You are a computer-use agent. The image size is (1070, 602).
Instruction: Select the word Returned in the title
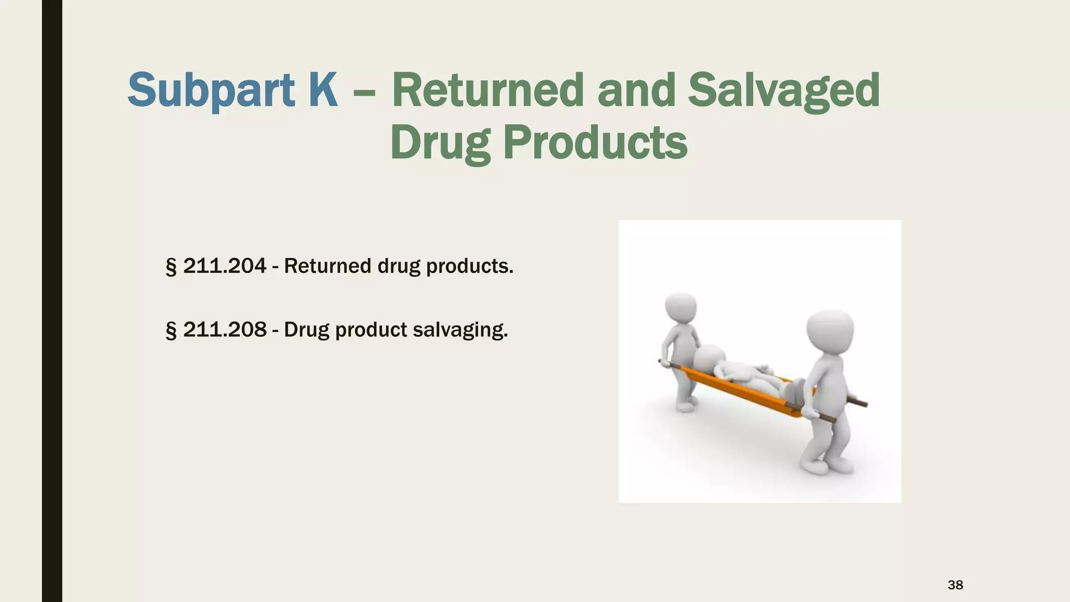(x=487, y=90)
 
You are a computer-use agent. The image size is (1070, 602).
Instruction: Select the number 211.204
(x=225, y=266)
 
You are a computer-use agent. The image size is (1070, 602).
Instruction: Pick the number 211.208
(x=225, y=330)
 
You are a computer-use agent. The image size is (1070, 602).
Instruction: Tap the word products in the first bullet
(x=470, y=267)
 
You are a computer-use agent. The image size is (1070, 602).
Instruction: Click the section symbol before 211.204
(x=170, y=267)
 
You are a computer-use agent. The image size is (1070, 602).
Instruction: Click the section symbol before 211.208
(x=170, y=331)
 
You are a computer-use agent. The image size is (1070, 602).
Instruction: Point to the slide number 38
(x=955, y=585)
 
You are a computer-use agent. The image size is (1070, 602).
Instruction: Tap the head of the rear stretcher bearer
(x=681, y=308)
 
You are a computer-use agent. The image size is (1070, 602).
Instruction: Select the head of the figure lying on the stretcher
(x=709, y=360)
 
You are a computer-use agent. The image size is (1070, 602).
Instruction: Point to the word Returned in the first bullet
(x=327, y=266)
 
